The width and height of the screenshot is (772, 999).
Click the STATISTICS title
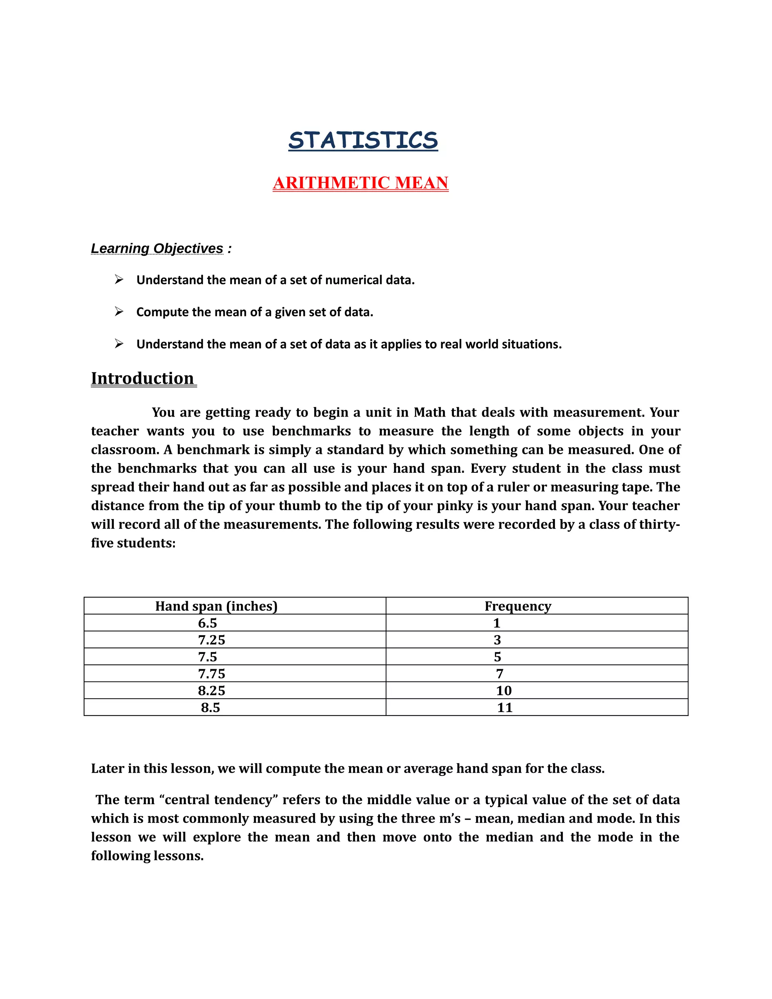(x=363, y=141)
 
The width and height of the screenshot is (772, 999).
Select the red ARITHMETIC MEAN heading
(x=360, y=183)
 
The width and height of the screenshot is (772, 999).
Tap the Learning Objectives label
(x=157, y=248)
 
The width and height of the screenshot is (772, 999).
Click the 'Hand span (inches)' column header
(x=216, y=606)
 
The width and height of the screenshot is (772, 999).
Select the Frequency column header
(x=518, y=606)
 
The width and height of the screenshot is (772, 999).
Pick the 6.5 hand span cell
(x=207, y=623)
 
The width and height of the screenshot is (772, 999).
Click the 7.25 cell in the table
(x=211, y=640)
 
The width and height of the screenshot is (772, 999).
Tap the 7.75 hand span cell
(x=211, y=674)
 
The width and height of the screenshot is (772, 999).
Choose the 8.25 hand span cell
(x=211, y=691)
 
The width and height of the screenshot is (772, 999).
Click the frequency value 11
(x=504, y=708)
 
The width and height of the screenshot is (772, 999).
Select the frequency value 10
(x=504, y=691)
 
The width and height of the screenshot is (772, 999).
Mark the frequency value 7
(x=499, y=674)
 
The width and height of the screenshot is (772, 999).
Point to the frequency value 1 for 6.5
(x=497, y=623)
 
